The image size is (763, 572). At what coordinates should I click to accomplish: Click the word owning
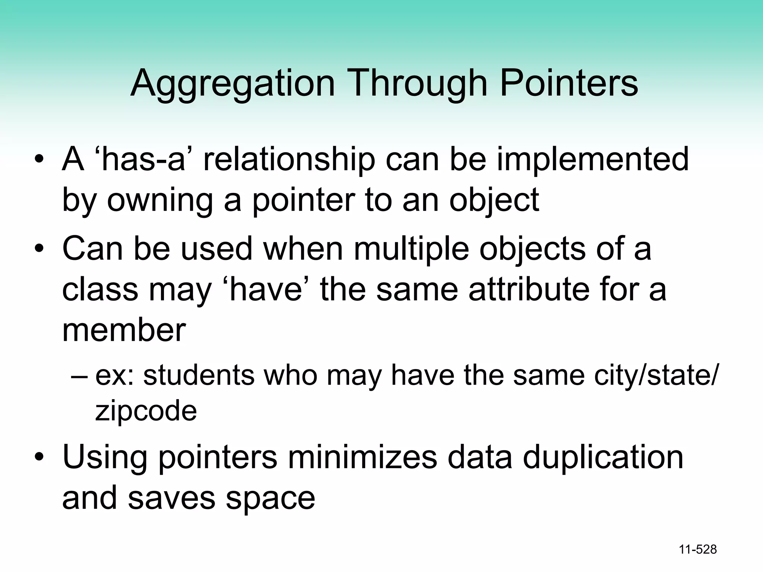pyautogui.click(x=160, y=200)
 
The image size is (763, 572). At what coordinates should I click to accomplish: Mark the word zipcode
pyautogui.click(x=146, y=411)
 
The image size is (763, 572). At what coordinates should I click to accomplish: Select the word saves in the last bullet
pyautogui.click(x=171, y=498)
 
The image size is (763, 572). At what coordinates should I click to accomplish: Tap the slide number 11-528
pyautogui.click(x=698, y=550)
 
